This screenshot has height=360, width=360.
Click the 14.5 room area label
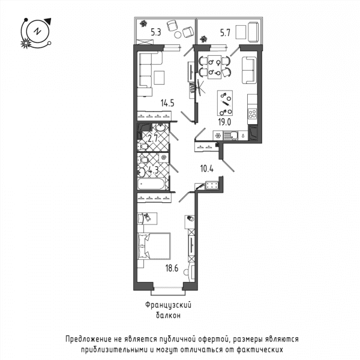pyautogui.click(x=167, y=103)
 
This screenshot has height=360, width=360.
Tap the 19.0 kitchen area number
pyautogui.click(x=224, y=122)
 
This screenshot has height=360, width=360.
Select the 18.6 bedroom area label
pyautogui.click(x=172, y=268)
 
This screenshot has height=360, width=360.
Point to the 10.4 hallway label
pyautogui.click(x=207, y=169)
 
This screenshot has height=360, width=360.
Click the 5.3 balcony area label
pyautogui.click(x=156, y=32)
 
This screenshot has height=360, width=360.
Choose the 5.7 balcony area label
pyautogui.click(x=225, y=33)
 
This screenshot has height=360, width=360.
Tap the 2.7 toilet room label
pyautogui.click(x=152, y=139)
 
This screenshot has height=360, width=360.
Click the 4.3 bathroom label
pyautogui.click(x=154, y=170)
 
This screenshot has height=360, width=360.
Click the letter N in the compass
pyautogui.click(x=37, y=31)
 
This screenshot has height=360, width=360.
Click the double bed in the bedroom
pyautogui.click(x=154, y=246)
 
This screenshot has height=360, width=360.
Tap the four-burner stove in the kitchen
pyautogui.click(x=253, y=113)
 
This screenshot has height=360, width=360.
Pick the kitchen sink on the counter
pyautogui.click(x=230, y=136)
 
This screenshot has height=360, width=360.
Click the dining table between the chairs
pyautogui.click(x=214, y=67)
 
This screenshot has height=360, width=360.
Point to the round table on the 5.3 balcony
pyautogui.click(x=178, y=35)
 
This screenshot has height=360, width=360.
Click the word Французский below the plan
pyautogui.click(x=168, y=305)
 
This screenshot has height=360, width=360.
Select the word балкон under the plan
pyautogui.click(x=168, y=316)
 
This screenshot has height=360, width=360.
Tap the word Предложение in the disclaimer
pyautogui.click(x=89, y=340)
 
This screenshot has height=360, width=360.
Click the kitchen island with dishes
pyautogui.click(x=225, y=103)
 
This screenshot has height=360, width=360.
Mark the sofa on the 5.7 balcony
pyautogui.click(x=254, y=32)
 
